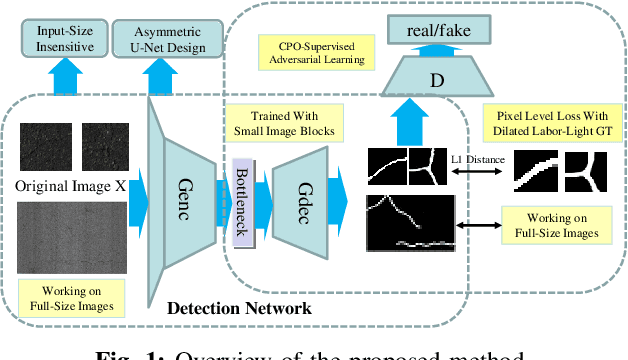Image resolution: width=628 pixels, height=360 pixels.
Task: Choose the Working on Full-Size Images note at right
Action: [551, 226]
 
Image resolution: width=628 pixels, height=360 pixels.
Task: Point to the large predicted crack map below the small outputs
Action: [409, 223]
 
